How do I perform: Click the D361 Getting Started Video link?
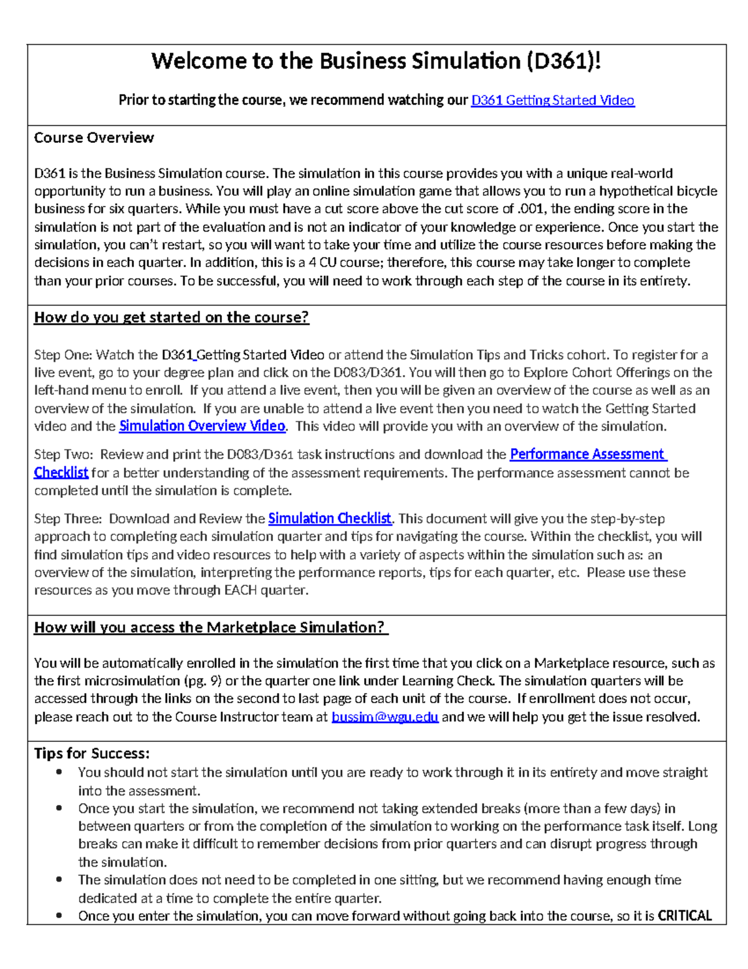pos(552,100)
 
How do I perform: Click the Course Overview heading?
pos(93,138)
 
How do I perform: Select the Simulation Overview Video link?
pos(202,426)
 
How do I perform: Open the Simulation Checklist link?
pos(330,519)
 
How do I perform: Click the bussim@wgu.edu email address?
pos(385,717)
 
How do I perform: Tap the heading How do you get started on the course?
pos(171,318)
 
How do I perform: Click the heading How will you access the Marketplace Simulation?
pos(211,628)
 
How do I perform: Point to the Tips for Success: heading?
pos(92,753)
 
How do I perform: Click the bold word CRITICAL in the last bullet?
pos(684,916)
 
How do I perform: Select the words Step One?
pos(63,355)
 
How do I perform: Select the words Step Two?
pos(63,454)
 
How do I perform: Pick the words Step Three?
pos(67,519)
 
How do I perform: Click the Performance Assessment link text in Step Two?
pos(588,454)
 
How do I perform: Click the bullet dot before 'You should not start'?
pos(59,772)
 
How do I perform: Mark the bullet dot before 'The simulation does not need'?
pos(59,880)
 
